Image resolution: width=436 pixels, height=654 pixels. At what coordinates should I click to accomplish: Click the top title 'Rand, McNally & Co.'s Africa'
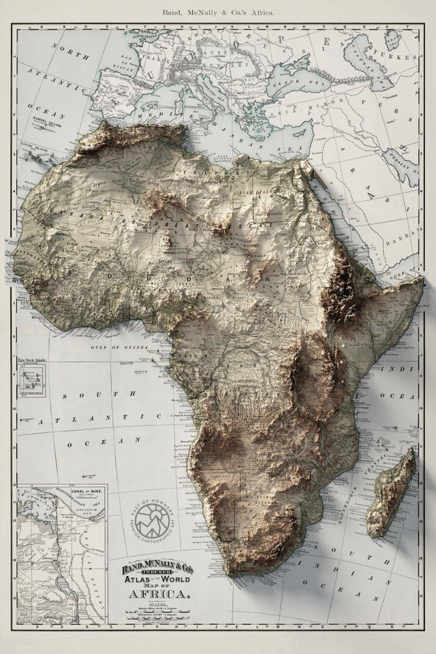click(x=218, y=12)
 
